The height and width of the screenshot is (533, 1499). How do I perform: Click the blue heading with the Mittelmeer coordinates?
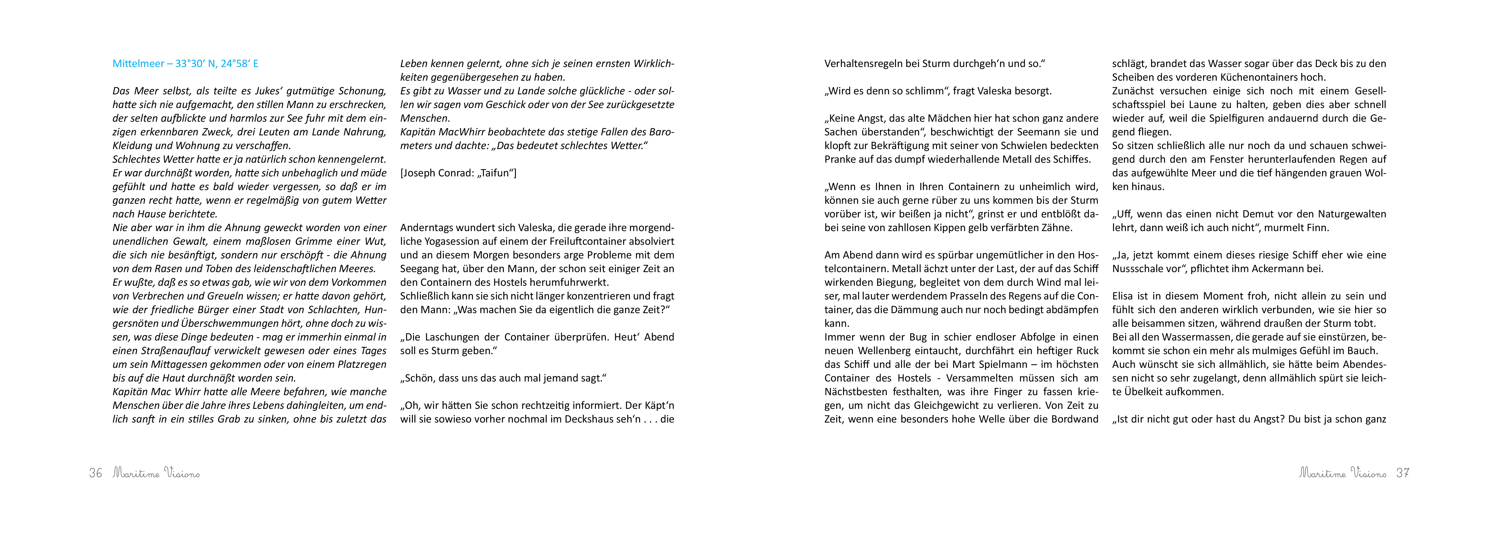click(x=185, y=63)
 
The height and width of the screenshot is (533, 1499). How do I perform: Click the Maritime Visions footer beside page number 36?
click(x=156, y=473)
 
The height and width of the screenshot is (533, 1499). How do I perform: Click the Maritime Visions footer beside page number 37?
click(x=1343, y=473)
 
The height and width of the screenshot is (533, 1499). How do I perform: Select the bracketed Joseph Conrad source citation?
click(x=458, y=173)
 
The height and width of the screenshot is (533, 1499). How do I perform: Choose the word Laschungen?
click(x=455, y=337)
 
